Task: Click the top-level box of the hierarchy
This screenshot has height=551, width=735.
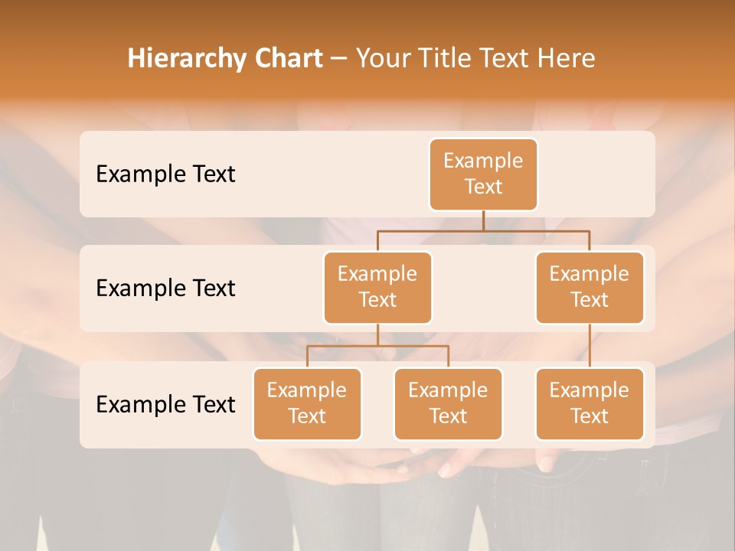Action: click(x=483, y=174)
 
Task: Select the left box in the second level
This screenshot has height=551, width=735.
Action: click(x=377, y=288)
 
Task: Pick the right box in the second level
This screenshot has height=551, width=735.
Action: click(x=590, y=288)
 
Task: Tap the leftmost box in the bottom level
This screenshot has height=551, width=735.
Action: click(x=307, y=404)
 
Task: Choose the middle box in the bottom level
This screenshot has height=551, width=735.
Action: click(x=448, y=404)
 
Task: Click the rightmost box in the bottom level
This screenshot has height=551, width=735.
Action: click(x=590, y=404)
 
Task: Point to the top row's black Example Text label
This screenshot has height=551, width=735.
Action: click(x=165, y=174)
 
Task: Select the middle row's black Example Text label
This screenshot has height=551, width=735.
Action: click(x=165, y=289)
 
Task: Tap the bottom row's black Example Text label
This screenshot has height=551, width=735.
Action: click(x=165, y=404)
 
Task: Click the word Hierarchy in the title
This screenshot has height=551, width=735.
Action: click(x=185, y=59)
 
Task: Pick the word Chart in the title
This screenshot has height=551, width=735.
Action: click(x=286, y=58)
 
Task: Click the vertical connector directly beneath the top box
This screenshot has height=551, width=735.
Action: click(x=483, y=220)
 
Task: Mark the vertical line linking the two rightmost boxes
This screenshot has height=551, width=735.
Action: click(x=590, y=346)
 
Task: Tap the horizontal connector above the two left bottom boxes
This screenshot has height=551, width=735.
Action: click(x=377, y=346)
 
